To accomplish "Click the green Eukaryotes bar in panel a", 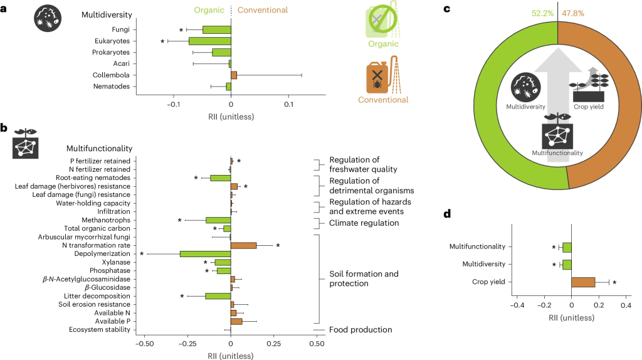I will click(210, 41).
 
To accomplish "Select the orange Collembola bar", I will click(234, 75).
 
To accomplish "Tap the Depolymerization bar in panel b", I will click(206, 254).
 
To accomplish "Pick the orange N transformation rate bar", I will click(244, 245).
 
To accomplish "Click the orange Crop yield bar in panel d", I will click(583, 282).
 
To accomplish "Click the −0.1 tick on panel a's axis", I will click(174, 103).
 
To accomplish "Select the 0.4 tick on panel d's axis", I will click(626, 305).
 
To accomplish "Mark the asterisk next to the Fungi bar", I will click(181, 30).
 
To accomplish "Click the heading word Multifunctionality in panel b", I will click(99, 149).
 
